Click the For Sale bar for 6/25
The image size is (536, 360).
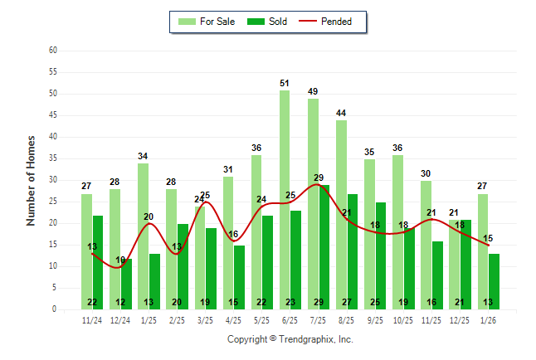(285, 199)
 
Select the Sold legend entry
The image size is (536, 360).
(269, 22)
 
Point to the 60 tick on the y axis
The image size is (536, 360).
(53, 51)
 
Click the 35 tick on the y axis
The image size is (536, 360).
(53, 158)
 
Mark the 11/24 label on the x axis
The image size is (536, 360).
(92, 319)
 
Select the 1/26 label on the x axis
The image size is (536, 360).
(489, 319)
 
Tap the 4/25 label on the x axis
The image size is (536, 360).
(234, 319)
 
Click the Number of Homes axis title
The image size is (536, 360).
(32, 180)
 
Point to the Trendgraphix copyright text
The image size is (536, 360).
(290, 339)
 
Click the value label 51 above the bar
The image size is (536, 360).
(285, 83)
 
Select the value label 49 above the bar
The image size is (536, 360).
(313, 91)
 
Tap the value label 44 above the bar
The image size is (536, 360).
(341, 113)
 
